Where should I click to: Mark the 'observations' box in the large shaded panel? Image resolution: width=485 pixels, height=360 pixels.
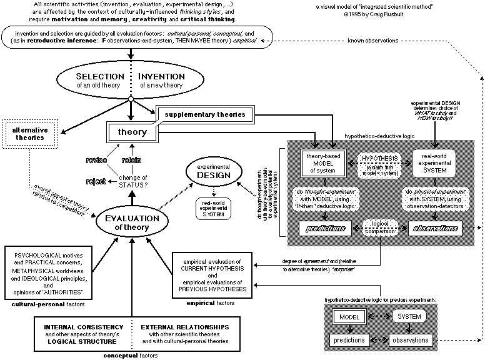pos(434,229)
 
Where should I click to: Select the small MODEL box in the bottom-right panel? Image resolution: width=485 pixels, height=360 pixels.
pos(348,317)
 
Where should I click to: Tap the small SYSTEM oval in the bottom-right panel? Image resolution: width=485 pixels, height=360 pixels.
pos(410,317)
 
